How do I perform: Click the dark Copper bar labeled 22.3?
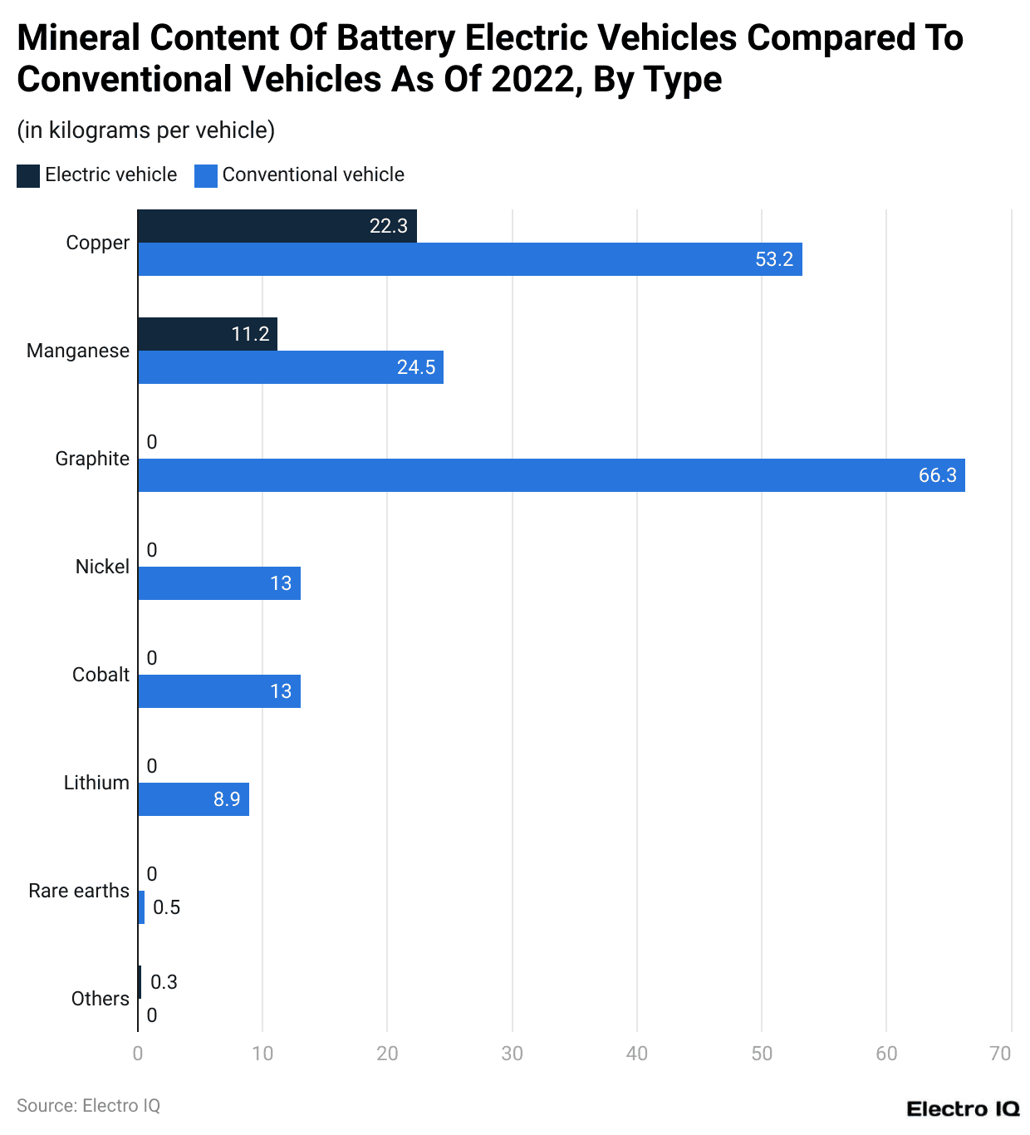(277, 226)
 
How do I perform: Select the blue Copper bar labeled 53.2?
(469, 259)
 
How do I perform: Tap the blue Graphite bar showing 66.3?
(551, 475)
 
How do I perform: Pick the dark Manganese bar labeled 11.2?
(207, 334)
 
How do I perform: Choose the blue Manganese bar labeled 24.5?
(290, 367)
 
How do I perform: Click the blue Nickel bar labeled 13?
(218, 583)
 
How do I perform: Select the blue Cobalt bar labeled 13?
(218, 691)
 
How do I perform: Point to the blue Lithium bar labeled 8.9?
(193, 799)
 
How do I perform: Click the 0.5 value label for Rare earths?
(166, 907)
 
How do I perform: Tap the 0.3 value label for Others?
(164, 982)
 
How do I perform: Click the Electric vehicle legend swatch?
(28, 175)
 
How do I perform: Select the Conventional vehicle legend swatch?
(205, 175)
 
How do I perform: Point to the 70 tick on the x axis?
(1000, 1054)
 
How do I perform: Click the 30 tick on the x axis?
(512, 1054)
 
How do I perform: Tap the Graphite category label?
(92, 459)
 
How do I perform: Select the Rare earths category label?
(79, 891)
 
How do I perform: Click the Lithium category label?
(96, 783)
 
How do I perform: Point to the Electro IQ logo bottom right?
(963, 1108)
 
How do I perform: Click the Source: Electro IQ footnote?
(88, 1106)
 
